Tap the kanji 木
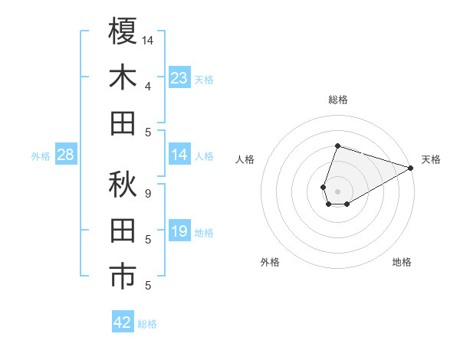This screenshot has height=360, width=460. coord(123,77)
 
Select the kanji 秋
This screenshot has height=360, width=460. coord(123,185)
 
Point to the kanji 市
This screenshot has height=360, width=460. coord(123,277)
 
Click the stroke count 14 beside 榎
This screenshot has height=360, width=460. coord(148,38)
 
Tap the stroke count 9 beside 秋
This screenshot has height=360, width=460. coord(147,193)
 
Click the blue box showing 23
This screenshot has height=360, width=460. coord(179,77)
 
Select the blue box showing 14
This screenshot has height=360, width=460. coord(179,155)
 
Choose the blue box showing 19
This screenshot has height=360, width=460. coord(179,231)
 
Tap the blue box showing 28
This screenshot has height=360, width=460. coord(66,155)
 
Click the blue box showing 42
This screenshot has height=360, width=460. coord(123,322)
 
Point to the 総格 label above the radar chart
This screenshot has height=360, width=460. coord(337,100)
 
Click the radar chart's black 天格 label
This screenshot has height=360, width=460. coord(431,159)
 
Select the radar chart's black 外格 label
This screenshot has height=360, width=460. coord(270,262)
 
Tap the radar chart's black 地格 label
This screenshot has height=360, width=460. coord(402,262)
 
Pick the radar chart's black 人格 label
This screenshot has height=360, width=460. coord(245,159)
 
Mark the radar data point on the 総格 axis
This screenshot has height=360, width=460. coord(337,146)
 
